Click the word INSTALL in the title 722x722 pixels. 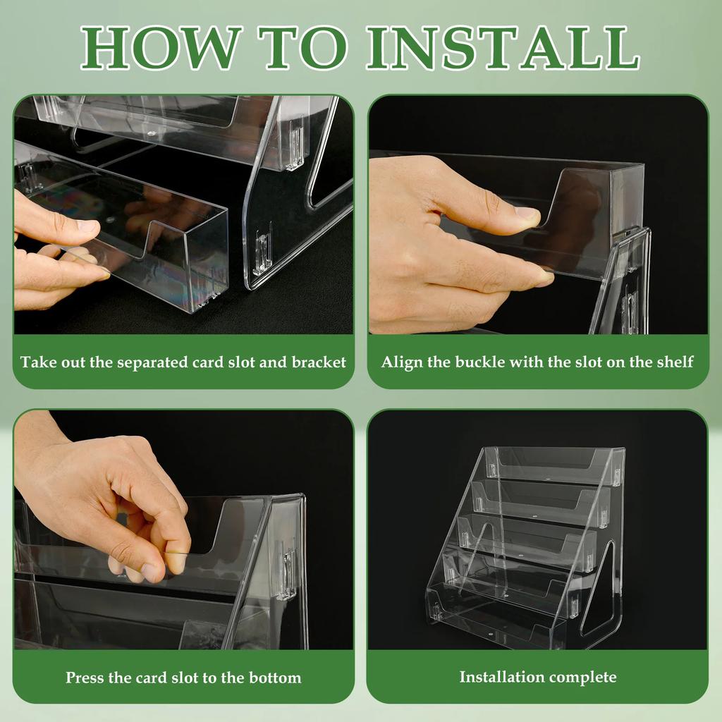pos(503,47)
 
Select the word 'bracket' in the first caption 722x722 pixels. pos(319,362)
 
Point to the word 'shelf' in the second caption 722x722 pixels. pos(675,362)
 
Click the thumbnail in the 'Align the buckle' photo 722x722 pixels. pos(527,214)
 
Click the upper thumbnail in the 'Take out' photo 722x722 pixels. pos(87,226)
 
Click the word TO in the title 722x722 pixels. pos(302,47)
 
